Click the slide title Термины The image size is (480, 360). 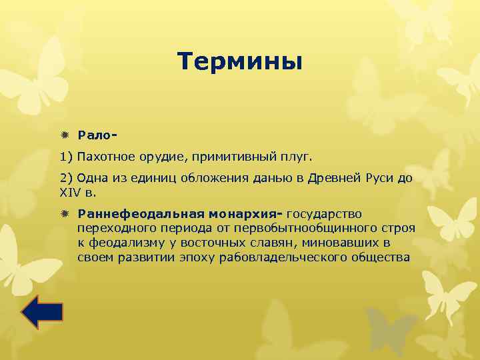(x=240, y=62)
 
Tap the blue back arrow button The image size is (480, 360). (x=41, y=312)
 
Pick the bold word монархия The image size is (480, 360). (x=245, y=214)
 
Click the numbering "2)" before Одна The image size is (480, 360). (x=66, y=179)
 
